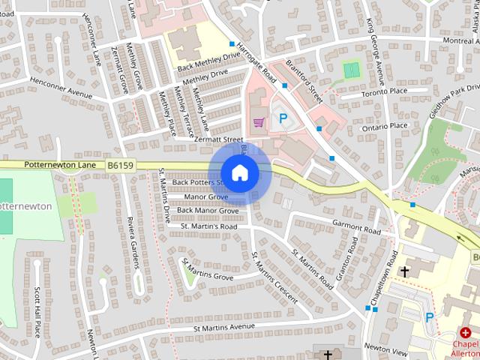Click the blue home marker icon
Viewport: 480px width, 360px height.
pos(239,173)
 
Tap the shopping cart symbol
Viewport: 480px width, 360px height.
pos(259,121)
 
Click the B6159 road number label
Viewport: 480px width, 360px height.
pos(120,163)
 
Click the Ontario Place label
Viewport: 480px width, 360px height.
pos(384,126)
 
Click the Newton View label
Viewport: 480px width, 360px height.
pos(385,349)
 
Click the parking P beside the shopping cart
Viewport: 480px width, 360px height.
pos(283,118)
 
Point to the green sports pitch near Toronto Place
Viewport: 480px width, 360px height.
pos(350,70)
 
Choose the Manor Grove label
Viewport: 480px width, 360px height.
pos(206,196)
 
